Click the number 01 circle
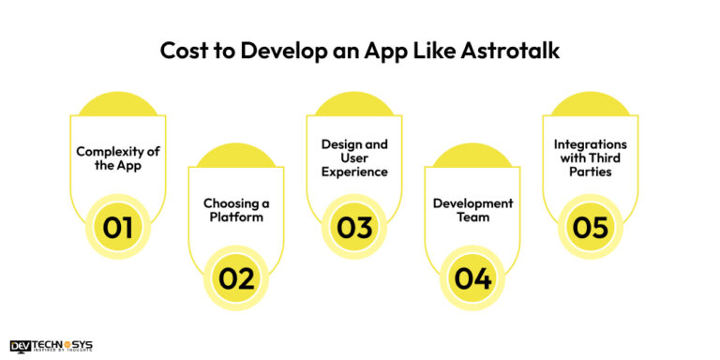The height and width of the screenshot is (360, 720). pos(118,226)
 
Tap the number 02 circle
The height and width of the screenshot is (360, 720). pos(236,277)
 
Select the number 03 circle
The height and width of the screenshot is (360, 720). pos(354,226)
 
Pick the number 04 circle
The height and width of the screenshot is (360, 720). pos(472,277)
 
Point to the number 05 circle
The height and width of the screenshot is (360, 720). pos(591,226)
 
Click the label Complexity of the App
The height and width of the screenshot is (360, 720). pos(118,158)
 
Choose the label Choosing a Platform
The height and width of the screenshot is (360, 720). pos(236,209)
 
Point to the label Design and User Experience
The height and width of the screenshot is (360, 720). pos(354,158)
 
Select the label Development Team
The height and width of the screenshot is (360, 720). pos(472,209)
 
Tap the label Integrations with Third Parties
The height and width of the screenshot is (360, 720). pos(591,158)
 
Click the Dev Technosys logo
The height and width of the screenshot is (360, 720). pos(51,346)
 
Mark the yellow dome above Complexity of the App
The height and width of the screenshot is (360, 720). pos(118,103)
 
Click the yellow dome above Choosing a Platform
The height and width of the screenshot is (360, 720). pos(236,155)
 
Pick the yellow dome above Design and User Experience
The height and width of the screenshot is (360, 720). pos(354,103)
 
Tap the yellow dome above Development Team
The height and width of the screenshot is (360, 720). pos(472,155)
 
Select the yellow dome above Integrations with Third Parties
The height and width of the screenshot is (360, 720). pos(591,103)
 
